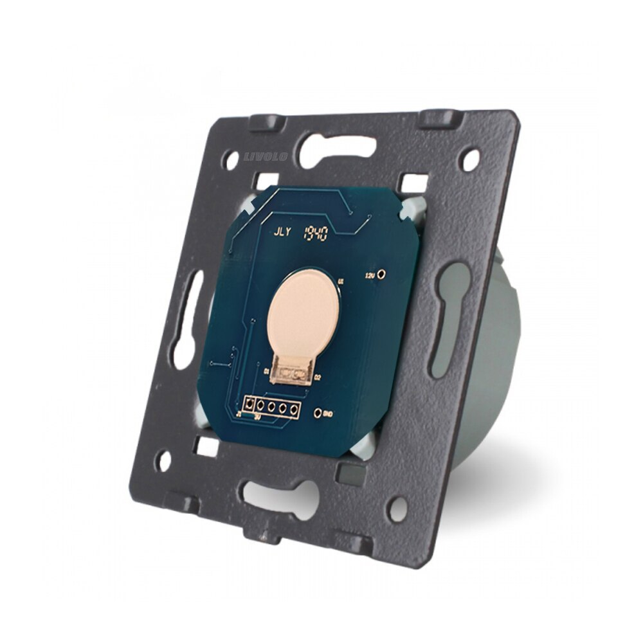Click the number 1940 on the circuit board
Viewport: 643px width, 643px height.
(x=316, y=233)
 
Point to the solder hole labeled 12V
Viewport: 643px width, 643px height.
(x=383, y=275)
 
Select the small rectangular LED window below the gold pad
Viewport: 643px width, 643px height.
(x=292, y=372)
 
